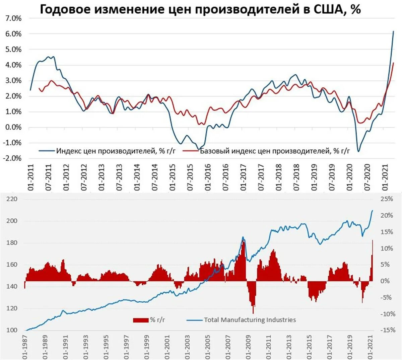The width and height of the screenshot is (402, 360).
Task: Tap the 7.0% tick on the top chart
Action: point(14,18)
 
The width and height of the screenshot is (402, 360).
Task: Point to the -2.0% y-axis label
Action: point(12,158)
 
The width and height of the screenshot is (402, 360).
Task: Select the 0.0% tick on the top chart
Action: point(14,127)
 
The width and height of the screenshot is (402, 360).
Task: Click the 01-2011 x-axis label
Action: point(31,177)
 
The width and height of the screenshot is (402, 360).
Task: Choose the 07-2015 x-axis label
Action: point(190,177)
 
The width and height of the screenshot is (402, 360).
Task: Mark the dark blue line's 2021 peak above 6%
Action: point(393,31)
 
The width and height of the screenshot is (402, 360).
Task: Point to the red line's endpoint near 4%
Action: point(394,63)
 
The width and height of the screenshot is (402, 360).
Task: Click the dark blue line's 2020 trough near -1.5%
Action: point(358,151)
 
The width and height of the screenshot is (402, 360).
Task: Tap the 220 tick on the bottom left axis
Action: point(12,199)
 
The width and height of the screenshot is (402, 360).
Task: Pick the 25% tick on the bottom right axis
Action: point(387,199)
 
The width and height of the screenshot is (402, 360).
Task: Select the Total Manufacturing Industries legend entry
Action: point(250,320)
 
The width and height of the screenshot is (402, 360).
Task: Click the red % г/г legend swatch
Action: point(141,320)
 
